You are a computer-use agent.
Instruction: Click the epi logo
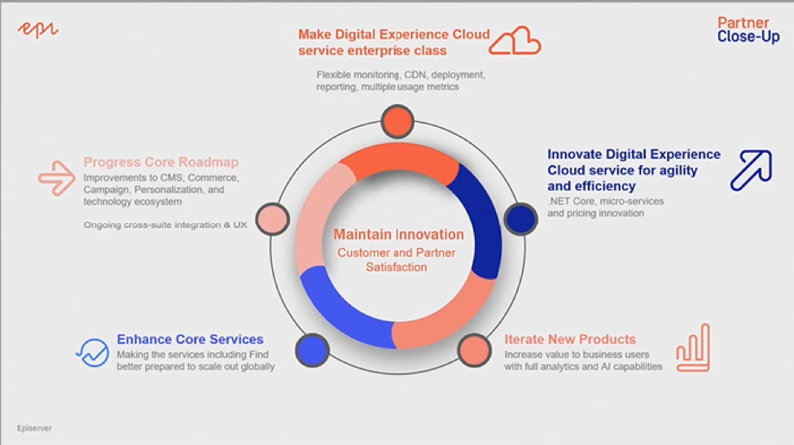38,30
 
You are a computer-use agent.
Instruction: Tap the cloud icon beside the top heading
515,41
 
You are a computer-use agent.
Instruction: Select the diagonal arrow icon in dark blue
751,170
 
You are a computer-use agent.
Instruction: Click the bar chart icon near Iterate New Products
693,348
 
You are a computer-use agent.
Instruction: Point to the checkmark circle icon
93,352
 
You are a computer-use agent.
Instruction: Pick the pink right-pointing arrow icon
56,178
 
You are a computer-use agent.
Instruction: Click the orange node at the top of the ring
397,121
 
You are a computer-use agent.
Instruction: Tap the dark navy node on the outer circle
520,219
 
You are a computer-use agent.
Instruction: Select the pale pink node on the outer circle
273,219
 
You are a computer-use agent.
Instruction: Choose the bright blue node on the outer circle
313,350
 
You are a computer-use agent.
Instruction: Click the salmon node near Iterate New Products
475,350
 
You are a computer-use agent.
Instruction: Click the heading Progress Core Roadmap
161,162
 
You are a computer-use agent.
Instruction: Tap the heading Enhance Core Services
190,338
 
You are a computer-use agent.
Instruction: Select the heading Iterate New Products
570,338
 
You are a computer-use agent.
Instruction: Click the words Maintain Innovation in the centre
398,234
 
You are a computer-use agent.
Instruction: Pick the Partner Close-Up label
748,29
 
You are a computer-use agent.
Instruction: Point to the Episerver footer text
34,428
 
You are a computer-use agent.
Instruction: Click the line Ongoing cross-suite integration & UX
165,225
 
